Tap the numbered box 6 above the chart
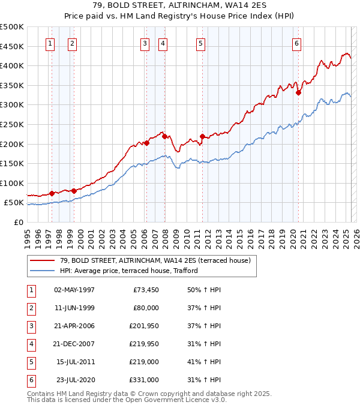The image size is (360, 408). [296, 43]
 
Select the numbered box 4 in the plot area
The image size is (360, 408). [163, 43]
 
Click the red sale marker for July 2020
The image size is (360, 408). [298, 92]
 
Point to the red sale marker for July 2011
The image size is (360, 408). [202, 136]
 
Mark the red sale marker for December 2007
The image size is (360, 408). [164, 136]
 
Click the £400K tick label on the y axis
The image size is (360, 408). [12, 65]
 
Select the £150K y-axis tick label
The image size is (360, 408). [12, 163]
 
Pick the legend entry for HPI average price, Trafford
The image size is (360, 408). [128, 271]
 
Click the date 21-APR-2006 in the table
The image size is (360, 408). [74, 326]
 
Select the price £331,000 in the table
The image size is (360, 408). [144, 380]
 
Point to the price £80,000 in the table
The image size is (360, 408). [146, 308]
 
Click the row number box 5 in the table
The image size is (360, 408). [31, 362]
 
